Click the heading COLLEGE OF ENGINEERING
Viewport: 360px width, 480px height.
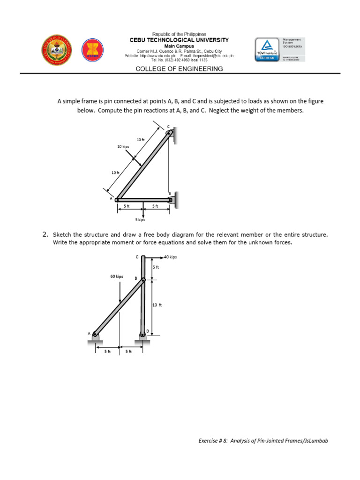click(x=179, y=68)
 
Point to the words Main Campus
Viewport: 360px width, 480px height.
click(x=179, y=46)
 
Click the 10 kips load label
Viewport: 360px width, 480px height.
click(x=123, y=147)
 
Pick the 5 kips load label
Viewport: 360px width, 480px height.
click(x=140, y=219)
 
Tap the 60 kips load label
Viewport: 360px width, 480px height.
click(x=116, y=277)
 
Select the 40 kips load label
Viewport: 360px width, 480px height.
click(x=170, y=257)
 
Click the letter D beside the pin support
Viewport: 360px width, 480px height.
click(x=148, y=331)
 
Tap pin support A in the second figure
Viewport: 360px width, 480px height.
click(x=95, y=336)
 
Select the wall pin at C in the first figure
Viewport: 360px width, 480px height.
click(x=170, y=134)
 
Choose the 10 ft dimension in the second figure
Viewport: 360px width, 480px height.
click(x=157, y=305)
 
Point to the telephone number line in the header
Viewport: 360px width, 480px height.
click(x=179, y=60)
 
